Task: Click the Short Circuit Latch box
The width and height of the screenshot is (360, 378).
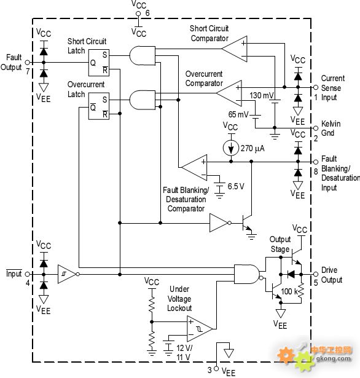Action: point(99,63)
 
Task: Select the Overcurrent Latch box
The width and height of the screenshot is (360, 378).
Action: point(99,106)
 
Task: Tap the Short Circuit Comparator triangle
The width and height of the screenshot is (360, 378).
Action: point(235,49)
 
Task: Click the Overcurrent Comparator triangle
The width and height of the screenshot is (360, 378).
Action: point(229,93)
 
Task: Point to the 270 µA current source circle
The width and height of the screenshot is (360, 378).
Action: point(231,148)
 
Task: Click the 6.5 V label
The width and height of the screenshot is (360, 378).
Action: point(236,186)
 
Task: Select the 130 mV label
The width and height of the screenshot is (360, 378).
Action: point(262,95)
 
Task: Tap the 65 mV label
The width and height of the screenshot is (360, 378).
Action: point(238,114)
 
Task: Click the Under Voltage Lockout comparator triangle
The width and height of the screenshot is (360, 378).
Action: point(200,329)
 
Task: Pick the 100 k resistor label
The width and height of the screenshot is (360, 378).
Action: point(289,291)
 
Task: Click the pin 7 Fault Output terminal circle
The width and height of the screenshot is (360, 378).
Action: point(28,63)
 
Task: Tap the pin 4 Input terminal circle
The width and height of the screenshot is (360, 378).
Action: point(28,274)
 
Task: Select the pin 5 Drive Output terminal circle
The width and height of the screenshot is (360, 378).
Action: point(316,274)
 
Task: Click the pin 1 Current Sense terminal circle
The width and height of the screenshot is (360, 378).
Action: point(316,87)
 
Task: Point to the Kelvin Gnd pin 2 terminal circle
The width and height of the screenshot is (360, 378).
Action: point(316,128)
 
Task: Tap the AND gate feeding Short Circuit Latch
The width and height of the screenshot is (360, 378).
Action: point(143,56)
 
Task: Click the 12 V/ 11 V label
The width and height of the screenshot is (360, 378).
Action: point(184,352)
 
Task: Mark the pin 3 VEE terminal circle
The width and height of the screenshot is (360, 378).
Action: point(216,369)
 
